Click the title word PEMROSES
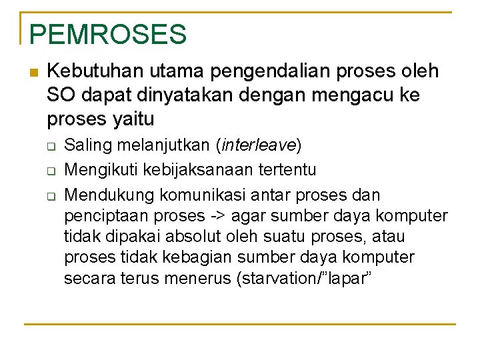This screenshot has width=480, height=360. pos(108,34)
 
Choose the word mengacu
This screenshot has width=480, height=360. pos(346,95)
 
